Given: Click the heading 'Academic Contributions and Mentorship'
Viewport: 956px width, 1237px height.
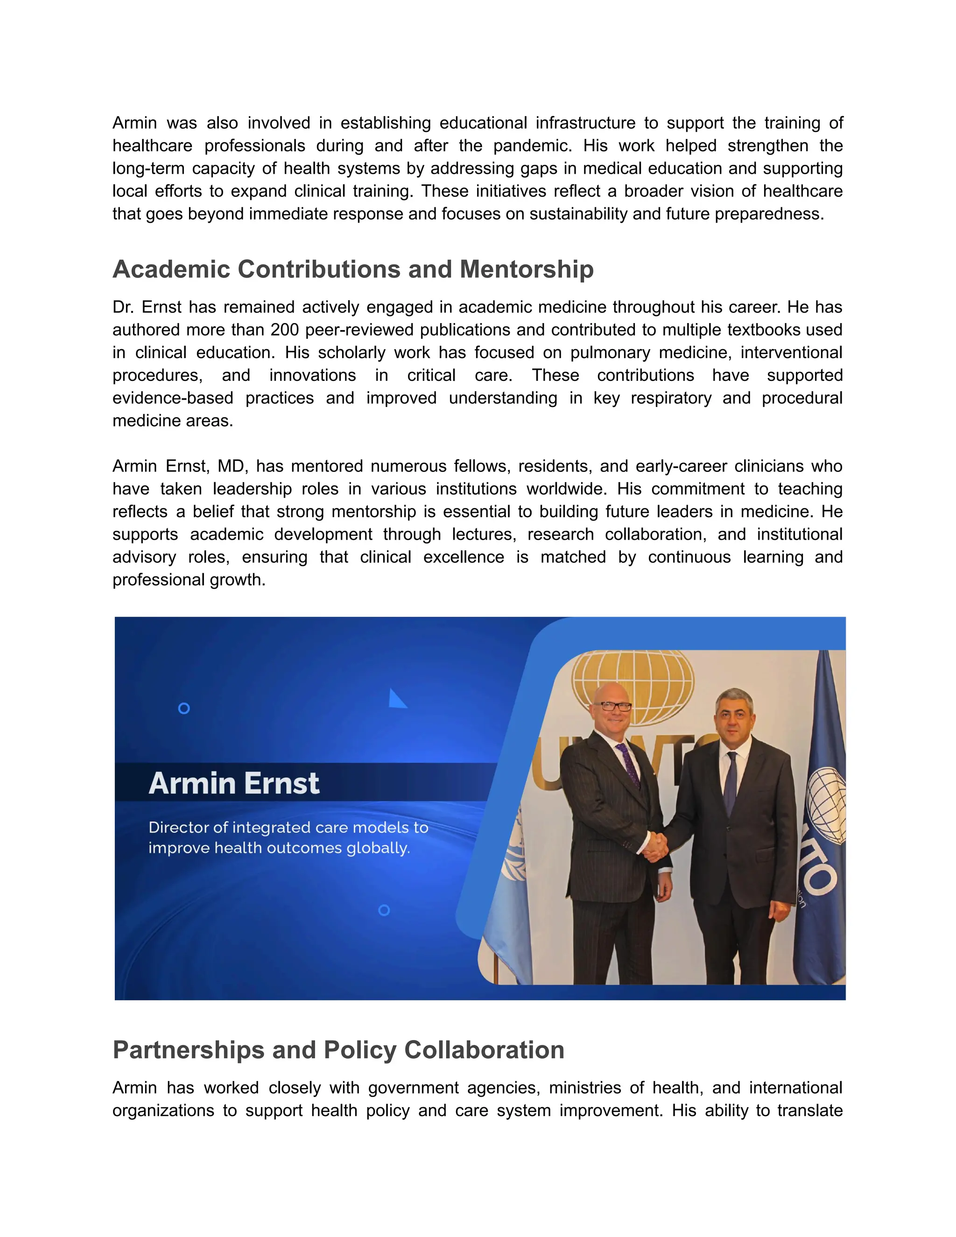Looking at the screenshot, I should tap(353, 269).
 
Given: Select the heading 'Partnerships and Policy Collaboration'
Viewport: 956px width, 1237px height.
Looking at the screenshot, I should tap(338, 1049).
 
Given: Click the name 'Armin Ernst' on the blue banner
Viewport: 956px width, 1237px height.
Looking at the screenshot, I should tap(234, 783).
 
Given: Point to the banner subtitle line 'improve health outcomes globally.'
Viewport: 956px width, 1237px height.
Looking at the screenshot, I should tap(279, 848).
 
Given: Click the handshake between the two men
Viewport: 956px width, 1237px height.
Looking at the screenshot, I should tap(656, 848).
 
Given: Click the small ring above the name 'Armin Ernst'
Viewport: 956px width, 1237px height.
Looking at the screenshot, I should tap(183, 708).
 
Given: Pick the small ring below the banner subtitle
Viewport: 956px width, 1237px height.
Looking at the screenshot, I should tap(383, 910).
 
